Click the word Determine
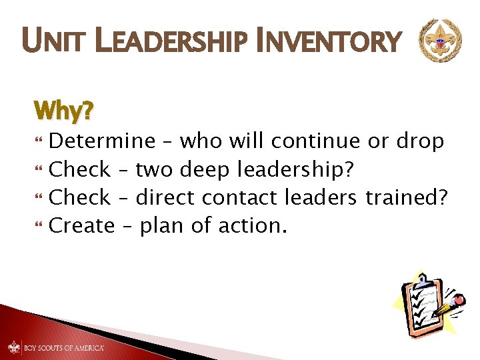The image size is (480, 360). pyautogui.click(x=102, y=141)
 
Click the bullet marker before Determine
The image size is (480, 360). pyautogui.click(x=37, y=142)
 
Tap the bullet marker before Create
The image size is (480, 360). pyautogui.click(x=37, y=227)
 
